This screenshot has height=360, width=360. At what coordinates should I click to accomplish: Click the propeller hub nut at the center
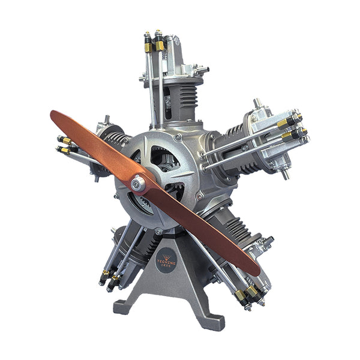139,184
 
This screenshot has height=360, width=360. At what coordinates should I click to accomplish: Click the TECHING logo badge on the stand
166,263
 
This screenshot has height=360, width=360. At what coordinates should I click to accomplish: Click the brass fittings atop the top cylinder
153,46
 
